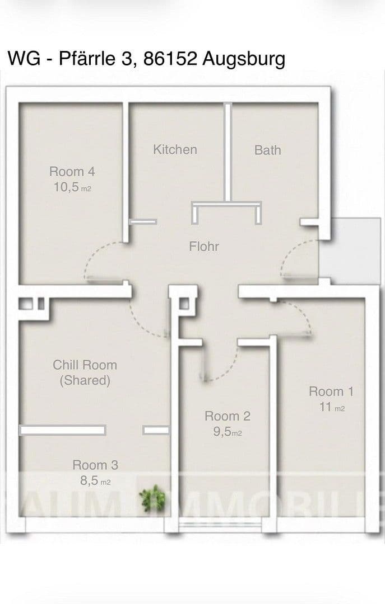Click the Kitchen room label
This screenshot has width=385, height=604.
click(175, 149)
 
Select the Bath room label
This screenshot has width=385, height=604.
click(267, 150)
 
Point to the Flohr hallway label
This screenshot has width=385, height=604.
click(204, 246)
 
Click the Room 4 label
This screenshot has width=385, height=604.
click(72, 172)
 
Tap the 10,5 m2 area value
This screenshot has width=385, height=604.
click(72, 187)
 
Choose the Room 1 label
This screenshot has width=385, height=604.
click(331, 391)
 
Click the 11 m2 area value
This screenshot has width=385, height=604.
click(332, 407)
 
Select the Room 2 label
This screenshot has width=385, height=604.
click(227, 416)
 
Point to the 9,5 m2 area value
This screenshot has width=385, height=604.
click(227, 432)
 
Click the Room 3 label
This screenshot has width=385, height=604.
click(95, 465)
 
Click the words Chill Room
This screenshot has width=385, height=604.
click(85, 365)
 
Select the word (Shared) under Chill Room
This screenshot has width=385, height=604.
click(85, 381)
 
